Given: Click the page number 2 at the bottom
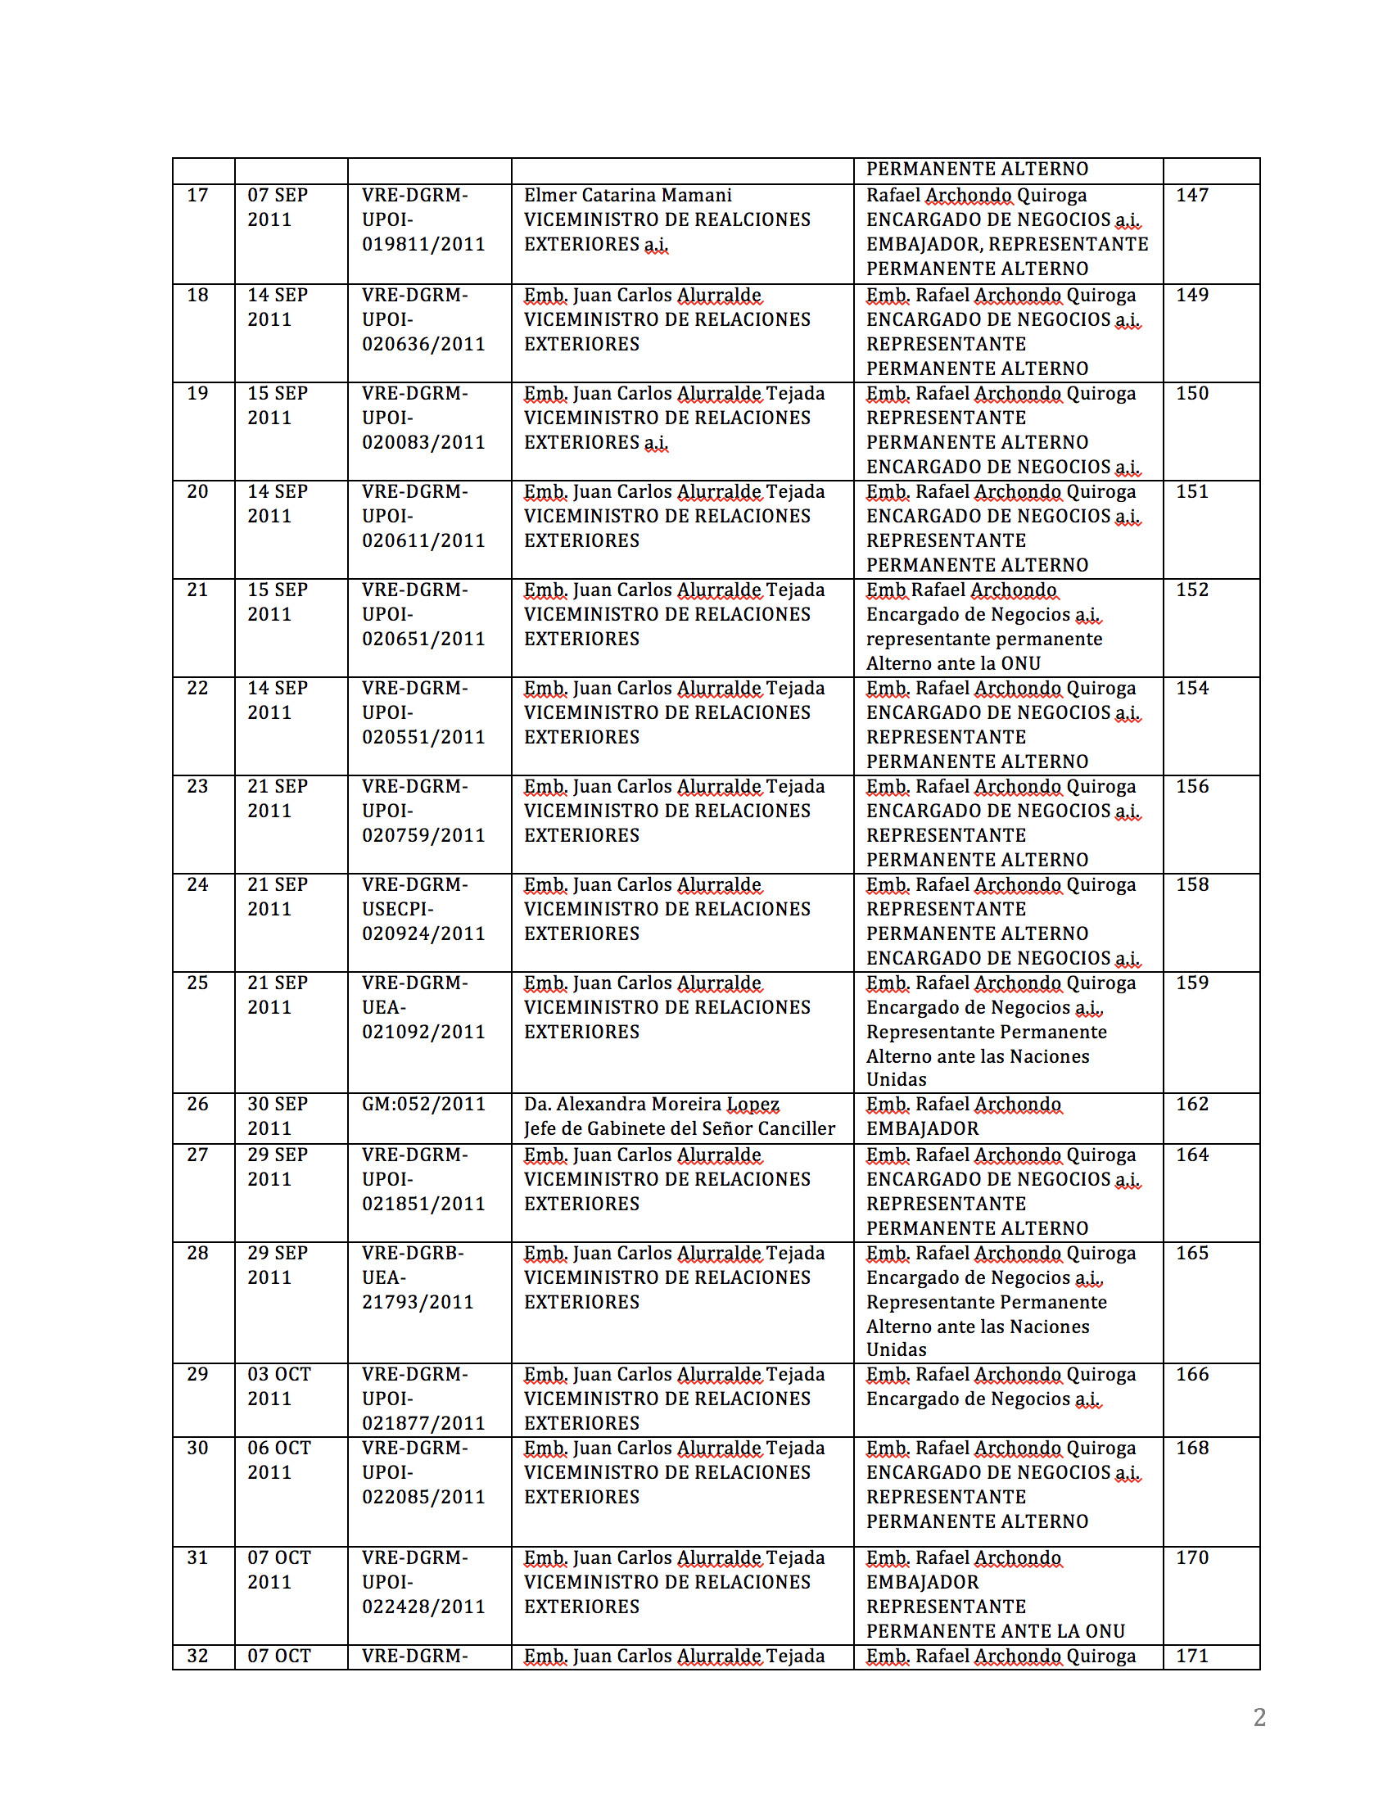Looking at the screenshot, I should click(x=1259, y=1717).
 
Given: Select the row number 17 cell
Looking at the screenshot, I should click(x=197, y=196).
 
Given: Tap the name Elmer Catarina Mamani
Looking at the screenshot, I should click(x=627, y=196).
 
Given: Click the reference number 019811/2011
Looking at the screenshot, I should click(x=423, y=244).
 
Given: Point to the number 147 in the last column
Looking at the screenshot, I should click(x=1191, y=196).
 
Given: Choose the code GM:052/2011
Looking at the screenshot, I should click(x=423, y=1105).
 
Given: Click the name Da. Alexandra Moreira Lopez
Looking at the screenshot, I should click(x=651, y=1105).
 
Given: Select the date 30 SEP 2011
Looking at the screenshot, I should click(x=278, y=1116).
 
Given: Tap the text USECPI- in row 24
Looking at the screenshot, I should click(x=397, y=909).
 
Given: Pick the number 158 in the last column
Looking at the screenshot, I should click(x=1191, y=885).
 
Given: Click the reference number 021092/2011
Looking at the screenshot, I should click(x=423, y=1032).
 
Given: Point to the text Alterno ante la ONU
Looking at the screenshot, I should click(x=953, y=663).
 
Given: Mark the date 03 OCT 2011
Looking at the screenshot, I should click(x=279, y=1385).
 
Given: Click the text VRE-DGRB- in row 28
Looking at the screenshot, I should click(x=412, y=1254).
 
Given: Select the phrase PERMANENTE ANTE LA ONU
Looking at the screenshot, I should click(x=996, y=1631).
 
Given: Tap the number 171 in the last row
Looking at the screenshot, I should click(x=1191, y=1656).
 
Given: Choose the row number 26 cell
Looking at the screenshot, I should click(x=197, y=1105).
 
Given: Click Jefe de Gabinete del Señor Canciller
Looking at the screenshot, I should click(x=680, y=1128).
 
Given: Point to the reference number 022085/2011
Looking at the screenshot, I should click(x=423, y=1497).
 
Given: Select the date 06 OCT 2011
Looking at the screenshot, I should click(x=279, y=1459).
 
